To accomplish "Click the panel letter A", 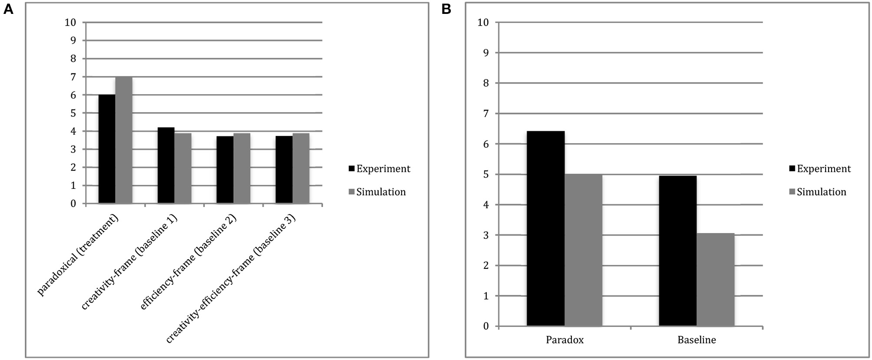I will (8, 9).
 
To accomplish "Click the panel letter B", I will (446, 9).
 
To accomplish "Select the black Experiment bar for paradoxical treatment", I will (107, 149).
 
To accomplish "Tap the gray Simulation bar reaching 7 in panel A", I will (124, 140).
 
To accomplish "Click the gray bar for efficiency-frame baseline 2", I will (241, 168).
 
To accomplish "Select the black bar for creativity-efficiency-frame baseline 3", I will (284, 170).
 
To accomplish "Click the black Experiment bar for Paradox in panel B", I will (545, 228).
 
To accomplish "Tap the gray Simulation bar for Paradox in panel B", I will (583, 250).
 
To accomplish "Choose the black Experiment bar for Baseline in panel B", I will (677, 251).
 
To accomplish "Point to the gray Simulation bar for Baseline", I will (715, 280).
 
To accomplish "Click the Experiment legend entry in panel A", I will (379, 168).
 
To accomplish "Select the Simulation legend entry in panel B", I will (817, 192).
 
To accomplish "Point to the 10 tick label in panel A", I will (70, 22).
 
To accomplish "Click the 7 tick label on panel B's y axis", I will (486, 114).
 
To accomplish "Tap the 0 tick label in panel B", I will (486, 326).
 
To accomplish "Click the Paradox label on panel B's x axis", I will (565, 340).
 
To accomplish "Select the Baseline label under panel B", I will (697, 340).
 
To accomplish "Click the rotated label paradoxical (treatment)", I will (78, 256).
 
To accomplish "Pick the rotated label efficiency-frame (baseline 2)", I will (188, 263).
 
